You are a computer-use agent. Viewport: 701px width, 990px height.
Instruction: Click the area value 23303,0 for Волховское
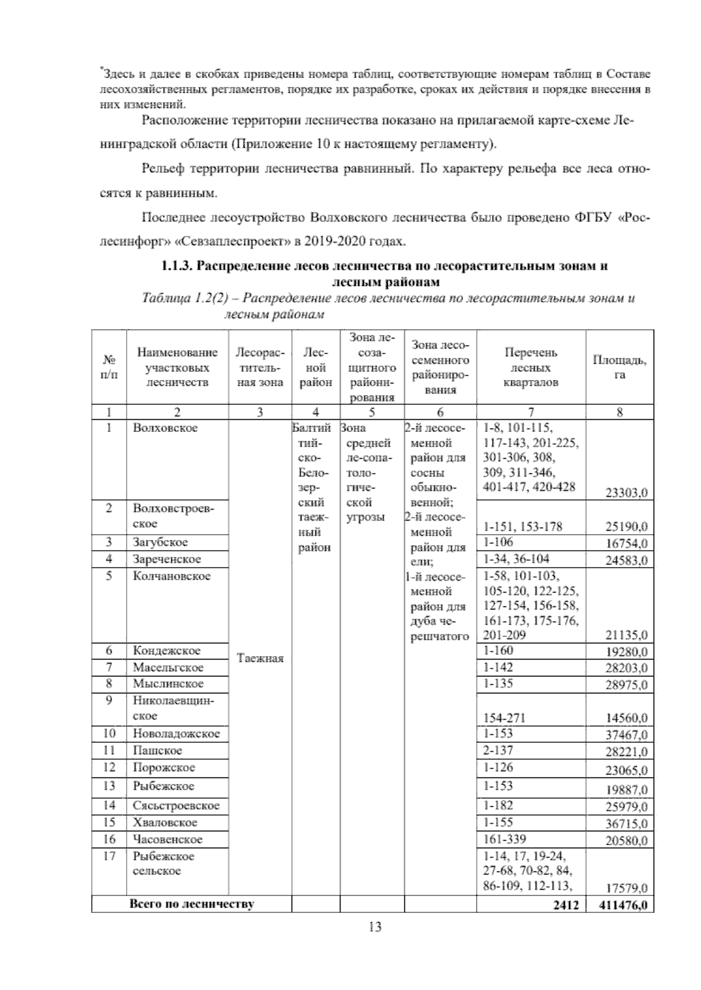(x=626, y=493)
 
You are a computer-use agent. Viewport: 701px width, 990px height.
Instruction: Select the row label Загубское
(x=160, y=542)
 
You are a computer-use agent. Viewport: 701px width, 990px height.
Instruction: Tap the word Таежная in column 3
(x=260, y=658)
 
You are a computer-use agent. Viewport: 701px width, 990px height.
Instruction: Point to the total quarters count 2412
(x=566, y=905)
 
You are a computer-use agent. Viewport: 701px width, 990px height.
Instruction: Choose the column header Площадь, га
(x=619, y=367)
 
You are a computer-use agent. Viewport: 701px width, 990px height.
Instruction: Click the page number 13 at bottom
(x=375, y=926)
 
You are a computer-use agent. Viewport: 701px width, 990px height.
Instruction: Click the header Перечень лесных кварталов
(x=530, y=368)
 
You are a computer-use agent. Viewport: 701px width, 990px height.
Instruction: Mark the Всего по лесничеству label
(x=191, y=905)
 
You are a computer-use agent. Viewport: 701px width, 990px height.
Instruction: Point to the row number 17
(x=109, y=856)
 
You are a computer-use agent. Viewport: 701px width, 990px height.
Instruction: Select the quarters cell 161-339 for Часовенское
(x=505, y=839)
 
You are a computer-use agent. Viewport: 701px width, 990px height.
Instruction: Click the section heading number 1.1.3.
(x=177, y=266)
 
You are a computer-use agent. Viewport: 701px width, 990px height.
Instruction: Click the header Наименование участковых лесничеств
(x=177, y=368)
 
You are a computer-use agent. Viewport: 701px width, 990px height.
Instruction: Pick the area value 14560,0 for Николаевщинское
(x=626, y=719)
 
